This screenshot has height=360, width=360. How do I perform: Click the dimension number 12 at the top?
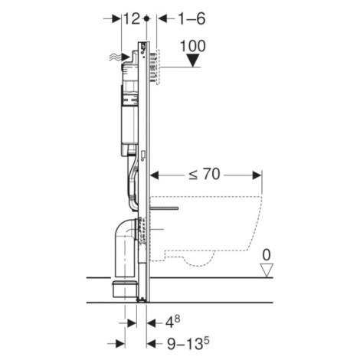click(130, 17)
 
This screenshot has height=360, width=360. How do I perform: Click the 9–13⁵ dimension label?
click(183, 343)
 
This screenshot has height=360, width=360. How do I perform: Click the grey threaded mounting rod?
click(164, 208)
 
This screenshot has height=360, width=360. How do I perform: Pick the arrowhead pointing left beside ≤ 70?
click(155, 175)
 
